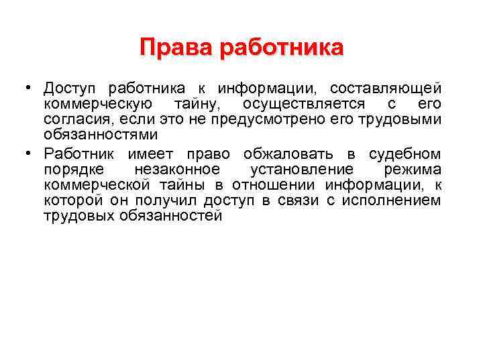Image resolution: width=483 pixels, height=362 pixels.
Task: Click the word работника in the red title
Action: [x=281, y=48]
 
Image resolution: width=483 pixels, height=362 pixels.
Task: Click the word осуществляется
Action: [x=304, y=105]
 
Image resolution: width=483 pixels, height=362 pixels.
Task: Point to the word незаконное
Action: [x=177, y=170]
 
